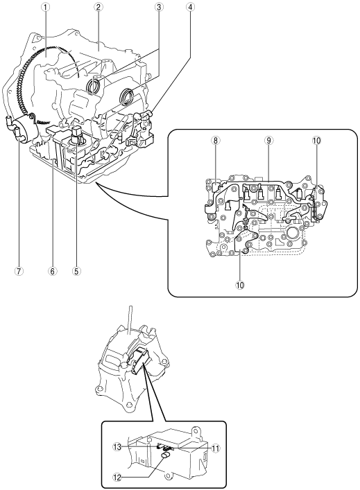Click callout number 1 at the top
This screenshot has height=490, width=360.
point(46,7)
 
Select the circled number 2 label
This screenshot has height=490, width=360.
point(98,7)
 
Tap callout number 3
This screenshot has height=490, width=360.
point(159,7)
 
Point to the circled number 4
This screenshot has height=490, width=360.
point(190,7)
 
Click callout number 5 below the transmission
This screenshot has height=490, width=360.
point(76,271)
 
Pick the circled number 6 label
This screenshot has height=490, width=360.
point(52,271)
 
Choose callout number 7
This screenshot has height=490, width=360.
point(19,271)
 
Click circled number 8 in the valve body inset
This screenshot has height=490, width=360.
point(215,141)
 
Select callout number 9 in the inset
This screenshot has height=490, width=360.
point(268,141)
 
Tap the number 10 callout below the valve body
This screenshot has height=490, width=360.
point(240,285)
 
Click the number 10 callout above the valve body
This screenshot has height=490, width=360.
point(316,141)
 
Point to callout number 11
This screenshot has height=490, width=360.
point(216,448)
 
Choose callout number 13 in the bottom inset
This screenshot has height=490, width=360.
point(117,447)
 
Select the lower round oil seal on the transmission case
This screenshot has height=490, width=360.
point(127,96)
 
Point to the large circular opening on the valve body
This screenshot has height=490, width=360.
point(293,232)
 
